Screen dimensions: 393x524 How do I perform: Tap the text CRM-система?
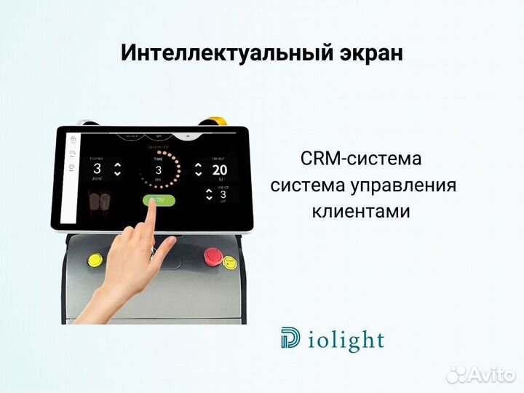pos(360,159)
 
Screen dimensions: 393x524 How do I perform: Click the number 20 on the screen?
pos(220,170)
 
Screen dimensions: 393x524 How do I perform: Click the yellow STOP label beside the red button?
pos(231,262)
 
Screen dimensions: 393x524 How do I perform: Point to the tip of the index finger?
pos(151,203)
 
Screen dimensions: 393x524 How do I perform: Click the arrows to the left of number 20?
pos(198,170)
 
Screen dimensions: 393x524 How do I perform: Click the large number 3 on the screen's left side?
pos(97,170)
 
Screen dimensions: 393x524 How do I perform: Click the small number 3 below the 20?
pos(223,195)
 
